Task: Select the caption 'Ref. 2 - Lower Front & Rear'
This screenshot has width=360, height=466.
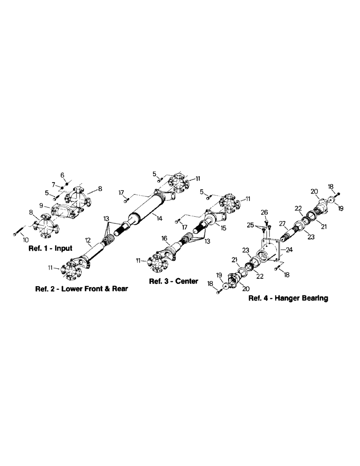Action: tap(82, 289)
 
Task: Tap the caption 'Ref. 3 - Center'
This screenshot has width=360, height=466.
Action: tap(173, 281)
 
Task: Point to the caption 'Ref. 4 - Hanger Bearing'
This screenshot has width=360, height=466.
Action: tap(288, 299)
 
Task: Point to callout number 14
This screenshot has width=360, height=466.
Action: tap(159, 218)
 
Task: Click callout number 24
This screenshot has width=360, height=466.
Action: tap(289, 249)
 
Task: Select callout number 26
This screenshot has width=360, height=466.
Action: tap(264, 213)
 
